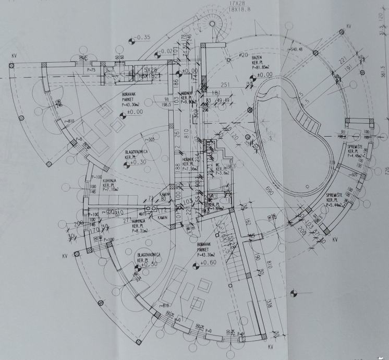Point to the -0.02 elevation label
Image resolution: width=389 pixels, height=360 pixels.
click(x=166, y=51)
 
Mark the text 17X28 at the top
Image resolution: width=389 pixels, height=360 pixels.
click(x=237, y=3)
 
